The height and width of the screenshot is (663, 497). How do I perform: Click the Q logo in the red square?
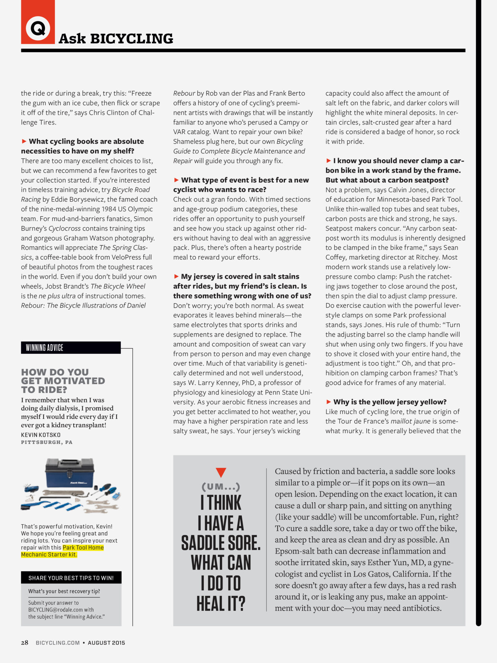[38, 28]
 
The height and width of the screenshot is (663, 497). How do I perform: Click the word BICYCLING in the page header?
[132, 39]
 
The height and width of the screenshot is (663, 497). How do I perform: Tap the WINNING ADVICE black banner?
[71, 348]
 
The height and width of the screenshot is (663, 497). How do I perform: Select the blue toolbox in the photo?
[70, 473]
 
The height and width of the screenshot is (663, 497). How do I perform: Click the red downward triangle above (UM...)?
[221, 472]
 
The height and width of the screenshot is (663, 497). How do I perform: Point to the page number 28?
[25, 643]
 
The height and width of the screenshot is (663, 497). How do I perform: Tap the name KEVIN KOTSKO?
[41, 435]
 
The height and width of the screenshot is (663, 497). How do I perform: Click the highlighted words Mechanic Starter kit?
[49, 555]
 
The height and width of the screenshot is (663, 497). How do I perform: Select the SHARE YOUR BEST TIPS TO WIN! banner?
[71, 578]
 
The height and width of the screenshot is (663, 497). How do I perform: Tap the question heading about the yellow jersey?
[390, 402]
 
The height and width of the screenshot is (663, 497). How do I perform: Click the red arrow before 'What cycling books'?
[24, 141]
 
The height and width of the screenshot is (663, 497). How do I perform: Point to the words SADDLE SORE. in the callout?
[221, 543]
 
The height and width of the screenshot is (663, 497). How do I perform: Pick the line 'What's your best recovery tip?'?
[64, 591]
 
